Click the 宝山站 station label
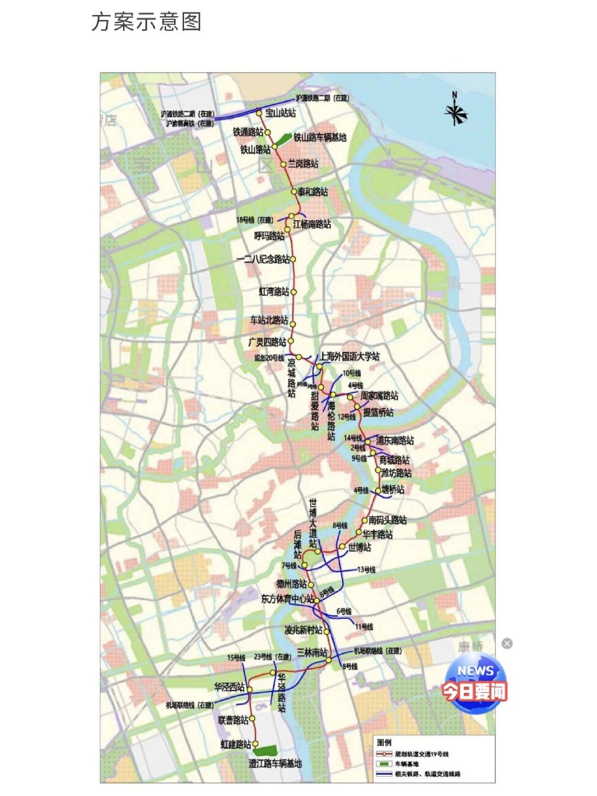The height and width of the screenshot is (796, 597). pyautogui.click(x=280, y=113)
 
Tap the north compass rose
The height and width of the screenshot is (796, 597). pyautogui.click(x=455, y=112)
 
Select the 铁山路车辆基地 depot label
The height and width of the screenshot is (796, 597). pyautogui.click(x=320, y=137)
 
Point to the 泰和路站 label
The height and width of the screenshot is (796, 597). pyautogui.click(x=313, y=192)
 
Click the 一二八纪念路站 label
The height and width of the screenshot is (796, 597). pyautogui.click(x=262, y=259)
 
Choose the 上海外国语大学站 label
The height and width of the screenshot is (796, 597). pyautogui.click(x=349, y=357)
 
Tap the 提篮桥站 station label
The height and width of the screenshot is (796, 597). pyautogui.click(x=378, y=412)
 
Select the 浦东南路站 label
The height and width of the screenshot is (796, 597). pyautogui.click(x=394, y=441)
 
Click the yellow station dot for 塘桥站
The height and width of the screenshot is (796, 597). pyautogui.click(x=377, y=491)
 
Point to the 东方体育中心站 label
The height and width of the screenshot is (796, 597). pyautogui.click(x=287, y=599)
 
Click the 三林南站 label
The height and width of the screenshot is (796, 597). pyautogui.click(x=312, y=652)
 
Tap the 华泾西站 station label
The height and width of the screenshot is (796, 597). pyautogui.click(x=229, y=687)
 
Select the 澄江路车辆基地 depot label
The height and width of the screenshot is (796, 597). pyautogui.click(x=275, y=763)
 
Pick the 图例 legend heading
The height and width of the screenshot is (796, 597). pyautogui.click(x=384, y=743)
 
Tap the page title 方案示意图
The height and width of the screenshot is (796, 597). pyautogui.click(x=147, y=22)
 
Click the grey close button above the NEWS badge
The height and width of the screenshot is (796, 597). pyautogui.click(x=507, y=644)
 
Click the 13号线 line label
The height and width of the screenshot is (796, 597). pyautogui.click(x=366, y=570)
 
